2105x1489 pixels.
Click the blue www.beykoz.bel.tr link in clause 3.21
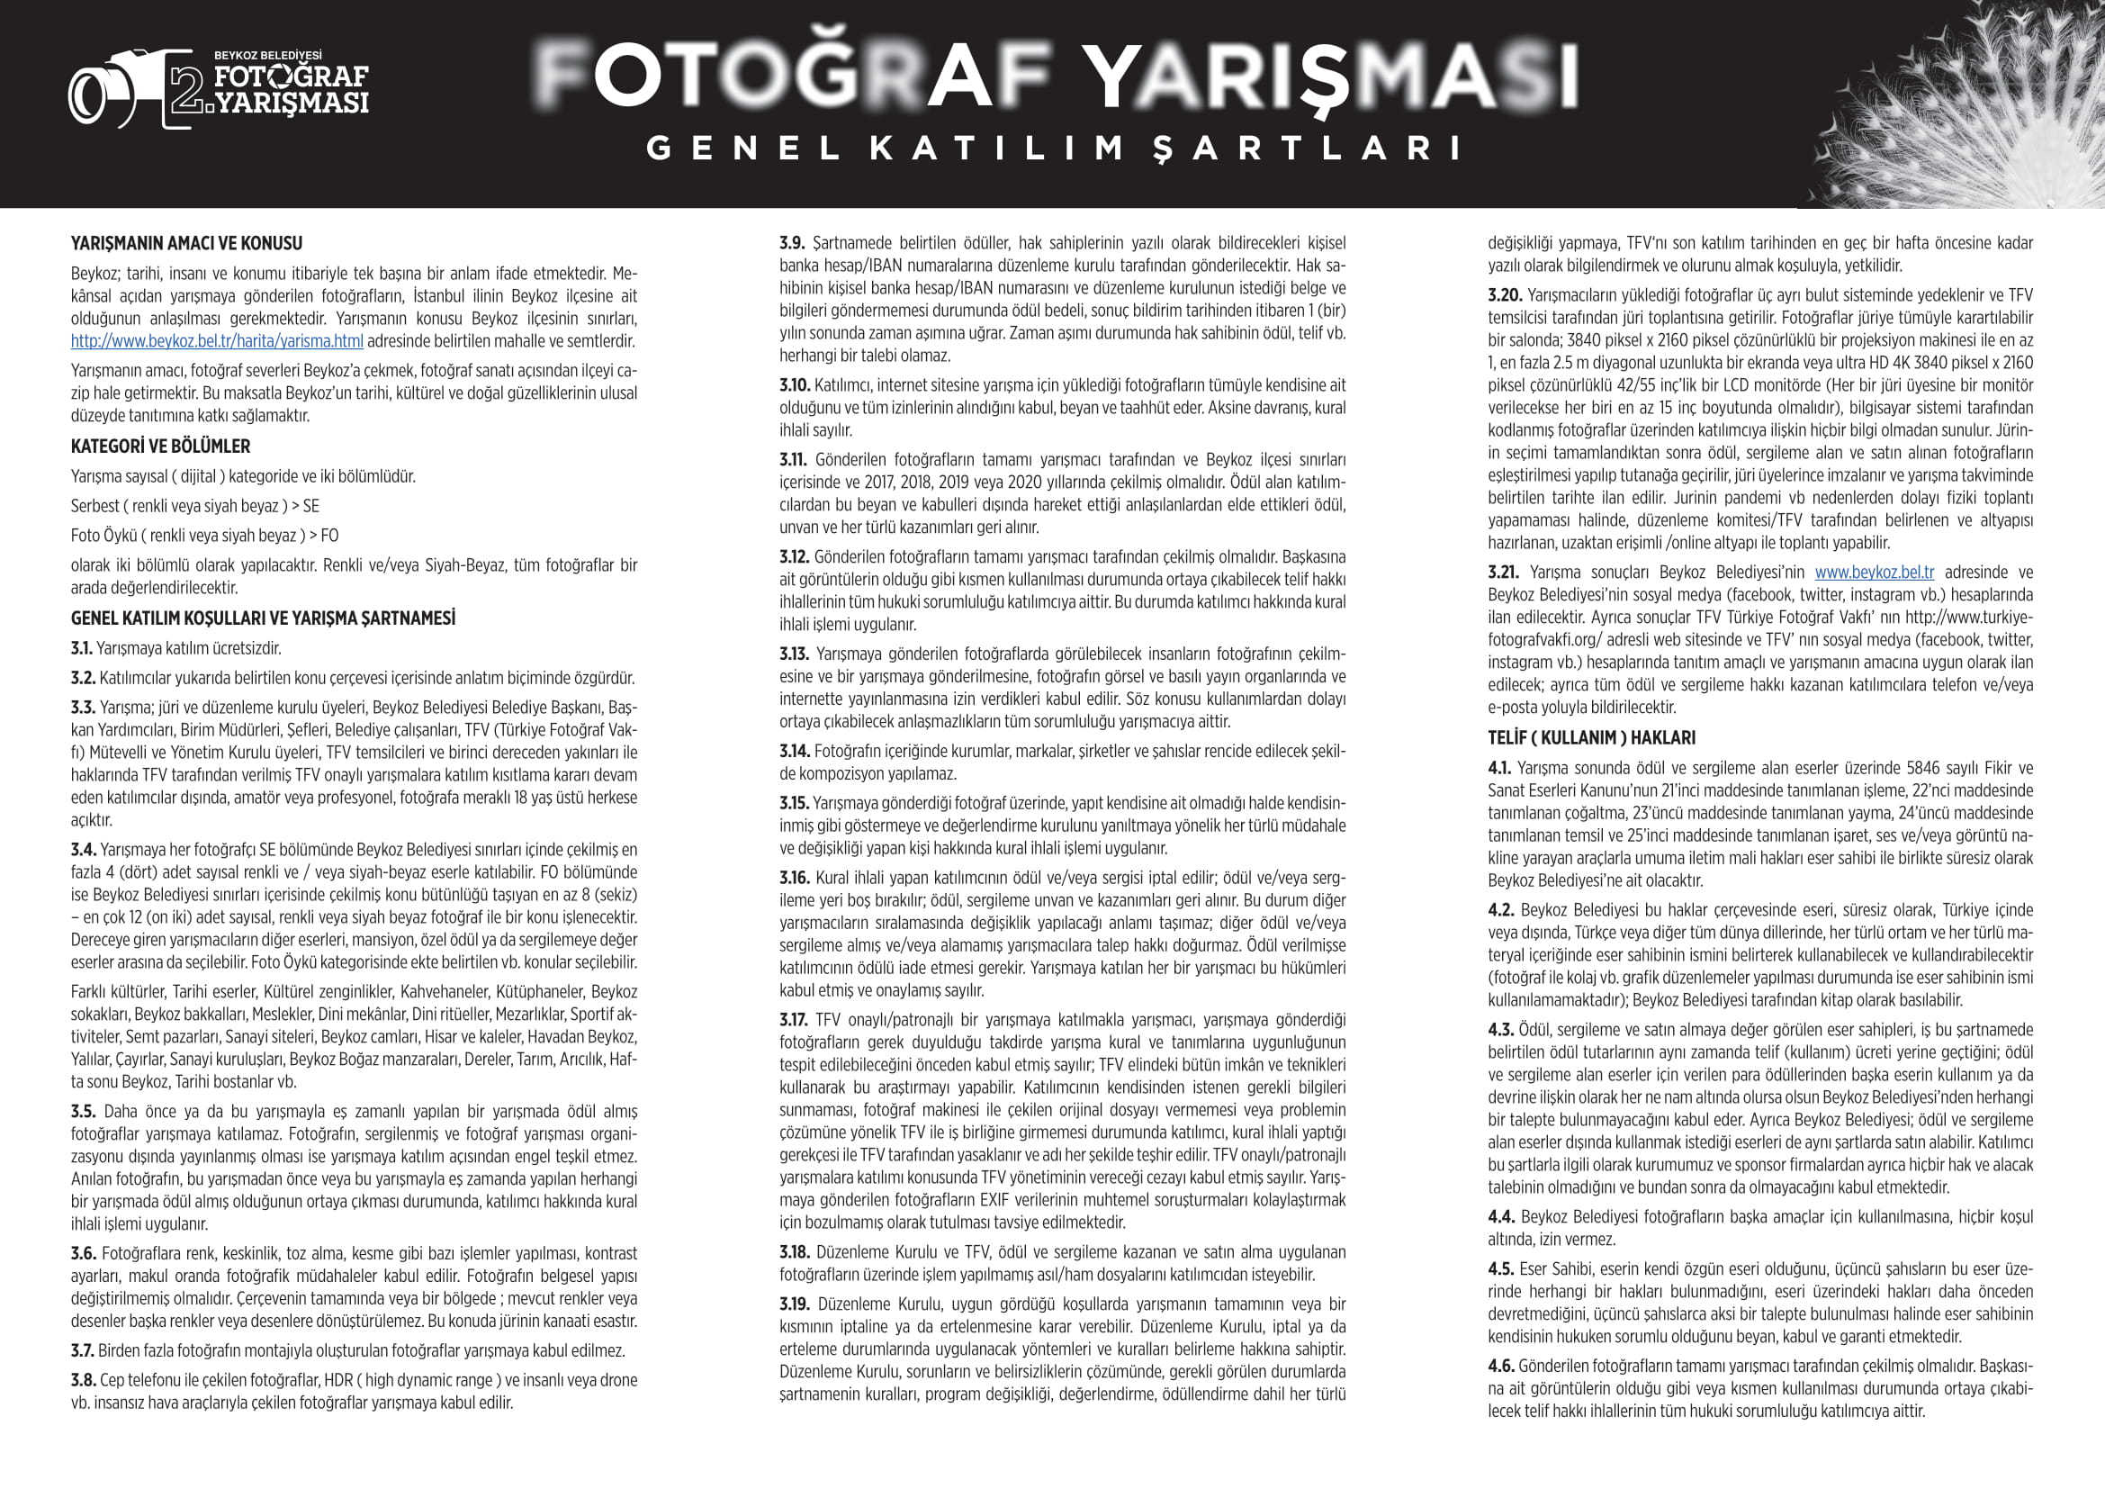[x=1874, y=573]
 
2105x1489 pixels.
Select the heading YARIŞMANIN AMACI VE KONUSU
[x=186, y=244]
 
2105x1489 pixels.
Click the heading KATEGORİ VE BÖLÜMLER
[x=160, y=447]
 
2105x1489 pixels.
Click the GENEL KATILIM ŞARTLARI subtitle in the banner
[x=1054, y=149]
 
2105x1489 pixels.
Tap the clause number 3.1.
[x=82, y=649]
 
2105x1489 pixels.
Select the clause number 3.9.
[x=792, y=244]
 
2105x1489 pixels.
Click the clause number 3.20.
[x=1505, y=295]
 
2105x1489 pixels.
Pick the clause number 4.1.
[x=1500, y=768]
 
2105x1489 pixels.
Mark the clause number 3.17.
[x=793, y=1021]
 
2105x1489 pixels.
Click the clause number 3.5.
[x=83, y=1112]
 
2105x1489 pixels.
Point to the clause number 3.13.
[x=793, y=654]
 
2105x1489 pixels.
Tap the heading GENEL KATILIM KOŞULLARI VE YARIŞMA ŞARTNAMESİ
[x=263, y=618]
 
